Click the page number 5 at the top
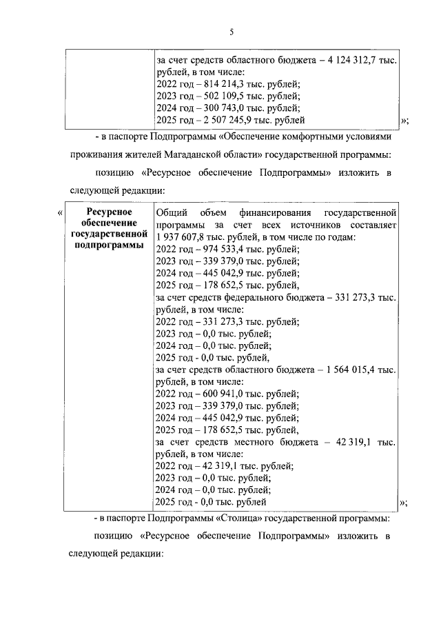pyautogui.click(x=232, y=32)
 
